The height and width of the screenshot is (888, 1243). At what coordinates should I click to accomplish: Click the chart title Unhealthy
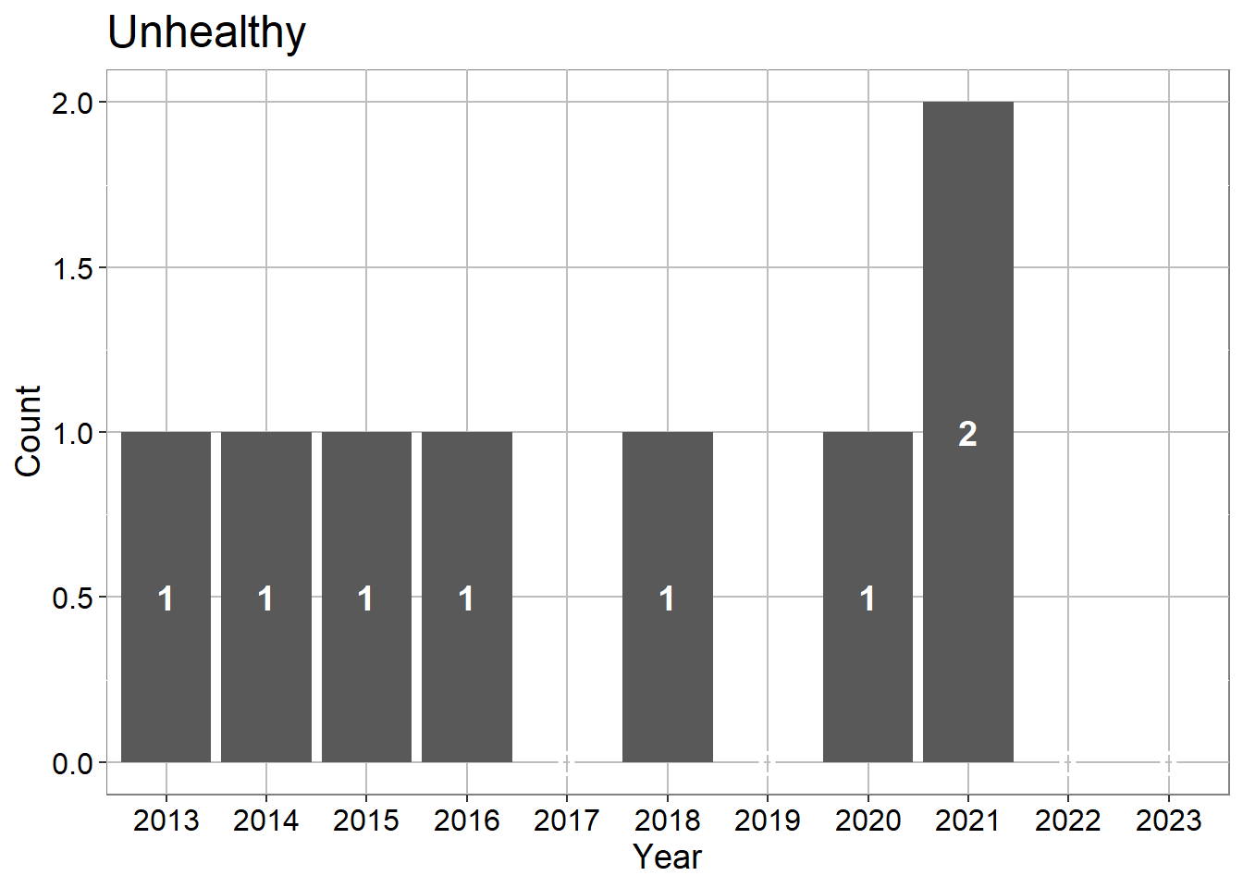pos(206,33)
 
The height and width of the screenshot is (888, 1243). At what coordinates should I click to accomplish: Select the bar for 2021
pos(968,432)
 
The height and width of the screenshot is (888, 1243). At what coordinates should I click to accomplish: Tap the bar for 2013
pos(166,597)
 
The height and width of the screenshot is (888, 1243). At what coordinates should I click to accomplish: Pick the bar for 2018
pos(668,597)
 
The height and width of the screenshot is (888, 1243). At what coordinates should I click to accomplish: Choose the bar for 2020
pos(868,597)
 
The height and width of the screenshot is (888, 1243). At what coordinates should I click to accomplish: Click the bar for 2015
pos(366,597)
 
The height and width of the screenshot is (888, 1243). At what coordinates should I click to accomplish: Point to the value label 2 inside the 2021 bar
pos(967,434)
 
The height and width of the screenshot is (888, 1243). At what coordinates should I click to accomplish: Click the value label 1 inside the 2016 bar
pos(466,598)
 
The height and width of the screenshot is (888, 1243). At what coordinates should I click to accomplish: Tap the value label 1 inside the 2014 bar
pos(265,598)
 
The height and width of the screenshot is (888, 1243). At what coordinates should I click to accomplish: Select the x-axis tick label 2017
pos(567,820)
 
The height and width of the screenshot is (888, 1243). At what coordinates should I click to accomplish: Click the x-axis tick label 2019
pos(768,820)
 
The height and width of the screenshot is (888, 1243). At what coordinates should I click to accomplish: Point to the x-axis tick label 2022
pos(1067,820)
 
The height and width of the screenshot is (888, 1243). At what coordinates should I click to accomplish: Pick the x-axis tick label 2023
pos(1169,820)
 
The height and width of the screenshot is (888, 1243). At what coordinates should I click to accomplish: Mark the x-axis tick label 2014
pos(265,820)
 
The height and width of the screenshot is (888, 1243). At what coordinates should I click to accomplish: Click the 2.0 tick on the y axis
pos(72,104)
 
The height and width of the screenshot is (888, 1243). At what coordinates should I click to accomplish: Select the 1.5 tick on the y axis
pos(72,268)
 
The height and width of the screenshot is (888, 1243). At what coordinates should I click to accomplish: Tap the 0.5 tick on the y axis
pos(72,598)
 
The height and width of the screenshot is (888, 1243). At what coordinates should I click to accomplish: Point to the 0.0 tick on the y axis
pos(72,764)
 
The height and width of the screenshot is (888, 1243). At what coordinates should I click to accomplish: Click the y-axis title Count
pos(28,431)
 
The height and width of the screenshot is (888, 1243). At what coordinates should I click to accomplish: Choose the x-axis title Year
pos(668,857)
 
